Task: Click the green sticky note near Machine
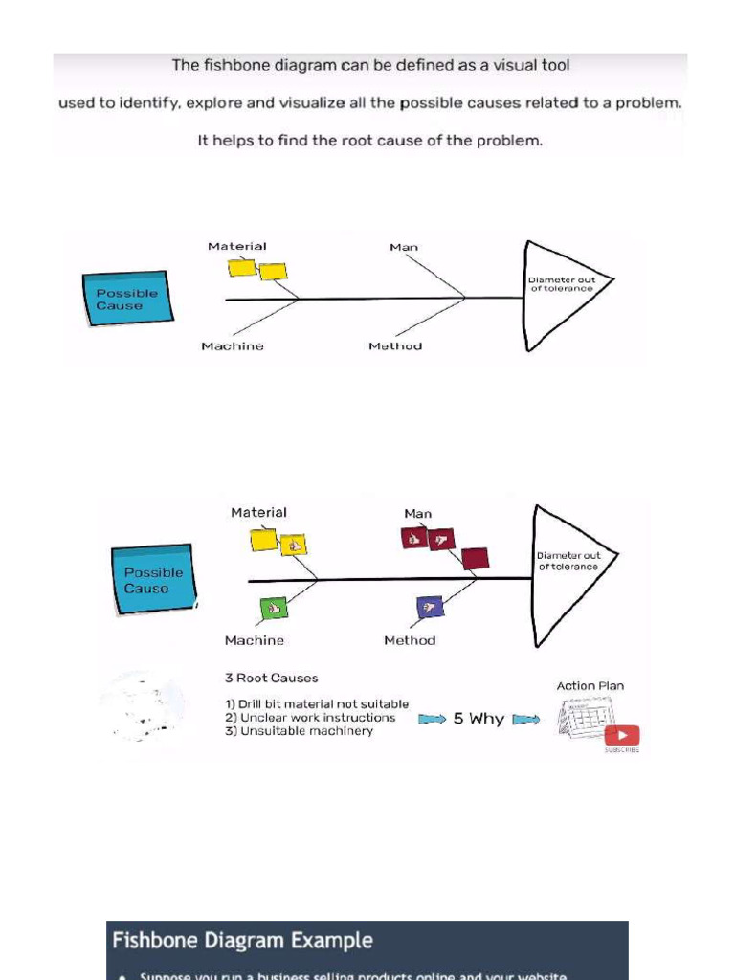point(274,608)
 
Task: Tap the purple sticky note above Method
point(430,606)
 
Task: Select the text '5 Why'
point(479,719)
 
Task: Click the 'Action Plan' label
point(590,686)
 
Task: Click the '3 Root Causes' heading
point(271,679)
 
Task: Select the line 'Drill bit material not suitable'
point(323,704)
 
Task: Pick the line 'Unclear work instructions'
point(317,718)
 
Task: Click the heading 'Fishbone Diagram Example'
point(242,941)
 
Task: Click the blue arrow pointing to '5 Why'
point(432,720)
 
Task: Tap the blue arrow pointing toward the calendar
point(526,720)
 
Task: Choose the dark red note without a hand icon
point(475,558)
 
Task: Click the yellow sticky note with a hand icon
point(293,546)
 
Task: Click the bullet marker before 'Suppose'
point(122,975)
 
